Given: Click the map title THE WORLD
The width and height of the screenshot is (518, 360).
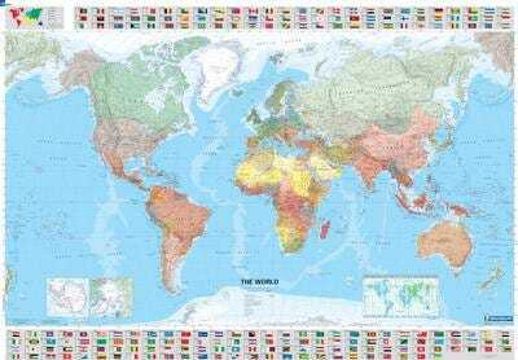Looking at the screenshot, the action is pos(259,282).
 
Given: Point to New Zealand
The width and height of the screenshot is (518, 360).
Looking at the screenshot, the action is pos(490,278).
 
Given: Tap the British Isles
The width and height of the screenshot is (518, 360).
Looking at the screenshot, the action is pos(252,116).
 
